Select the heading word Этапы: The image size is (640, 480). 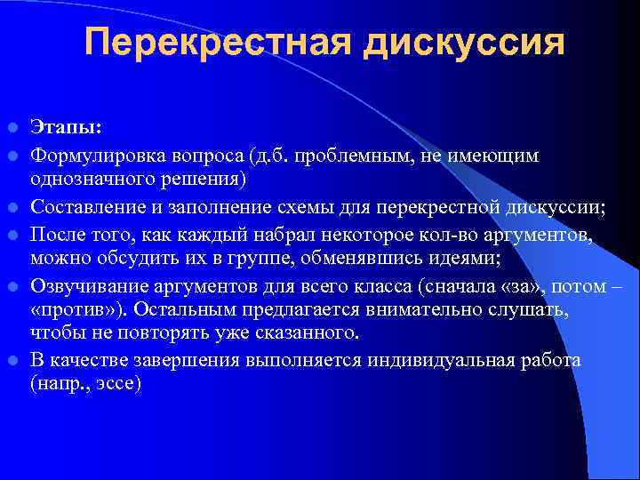point(66,129)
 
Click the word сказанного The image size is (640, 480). point(301,334)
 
